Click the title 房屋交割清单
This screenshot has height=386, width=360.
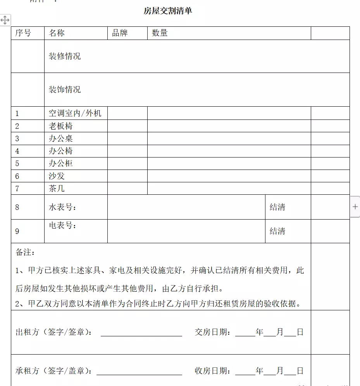click(x=168, y=11)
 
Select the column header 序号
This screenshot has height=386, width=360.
click(x=23, y=33)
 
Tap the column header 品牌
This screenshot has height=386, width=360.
click(x=120, y=33)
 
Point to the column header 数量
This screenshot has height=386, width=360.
click(x=160, y=33)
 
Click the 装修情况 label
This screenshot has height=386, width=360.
click(x=65, y=56)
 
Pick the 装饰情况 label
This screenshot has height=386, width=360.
click(x=65, y=90)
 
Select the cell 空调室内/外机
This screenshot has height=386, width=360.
click(x=75, y=113)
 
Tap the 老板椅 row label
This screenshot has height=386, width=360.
click(x=61, y=126)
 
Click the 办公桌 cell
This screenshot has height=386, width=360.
click(x=61, y=138)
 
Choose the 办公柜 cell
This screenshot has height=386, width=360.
click(x=61, y=163)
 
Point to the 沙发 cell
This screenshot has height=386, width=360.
click(x=57, y=176)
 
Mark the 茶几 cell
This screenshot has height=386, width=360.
click(x=57, y=189)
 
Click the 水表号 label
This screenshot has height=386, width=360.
click(x=62, y=207)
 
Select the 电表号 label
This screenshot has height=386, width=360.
click(x=62, y=225)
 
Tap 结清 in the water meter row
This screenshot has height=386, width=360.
click(x=277, y=207)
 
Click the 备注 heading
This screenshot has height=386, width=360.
click(x=25, y=253)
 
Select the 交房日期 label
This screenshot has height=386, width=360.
click(x=213, y=332)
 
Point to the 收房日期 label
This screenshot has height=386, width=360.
click(x=213, y=371)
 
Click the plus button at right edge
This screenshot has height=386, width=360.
click(x=355, y=207)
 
